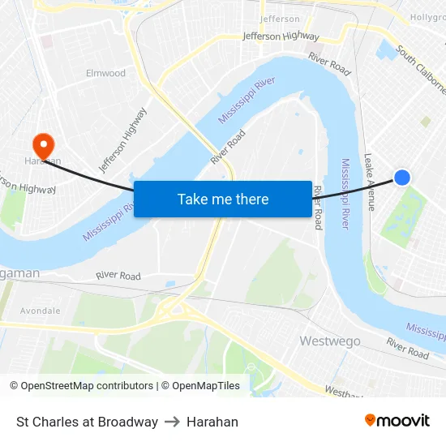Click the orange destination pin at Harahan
[41, 145]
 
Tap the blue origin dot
[401, 178]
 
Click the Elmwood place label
[106, 73]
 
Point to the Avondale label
[40, 311]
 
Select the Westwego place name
[330, 341]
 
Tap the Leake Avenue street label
[370, 182]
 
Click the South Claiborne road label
[420, 69]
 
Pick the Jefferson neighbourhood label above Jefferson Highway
[280, 19]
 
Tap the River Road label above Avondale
[118, 276]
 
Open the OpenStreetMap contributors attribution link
[81, 386]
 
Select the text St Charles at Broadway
[87, 422]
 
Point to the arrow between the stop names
[173, 422]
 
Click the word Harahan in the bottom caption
[212, 422]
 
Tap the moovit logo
[397, 420]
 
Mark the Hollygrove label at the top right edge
[428, 16]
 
